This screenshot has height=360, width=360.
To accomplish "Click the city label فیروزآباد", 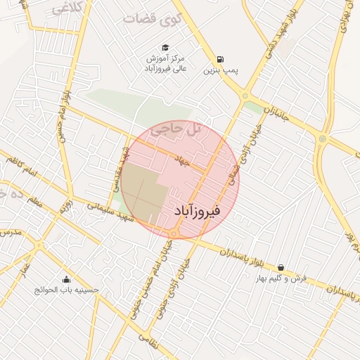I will tap(197, 211).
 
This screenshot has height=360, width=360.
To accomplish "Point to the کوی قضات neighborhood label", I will tap(148, 18).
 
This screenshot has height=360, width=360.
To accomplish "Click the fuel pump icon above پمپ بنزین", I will tap(221, 59).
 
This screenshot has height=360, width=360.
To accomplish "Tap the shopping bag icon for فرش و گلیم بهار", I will tap(281, 267).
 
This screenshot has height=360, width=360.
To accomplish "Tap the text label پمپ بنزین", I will tap(222, 71).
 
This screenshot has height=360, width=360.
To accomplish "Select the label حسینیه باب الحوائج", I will tap(67, 290).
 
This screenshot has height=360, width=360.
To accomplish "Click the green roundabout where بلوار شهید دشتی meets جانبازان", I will tap(245, 96).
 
